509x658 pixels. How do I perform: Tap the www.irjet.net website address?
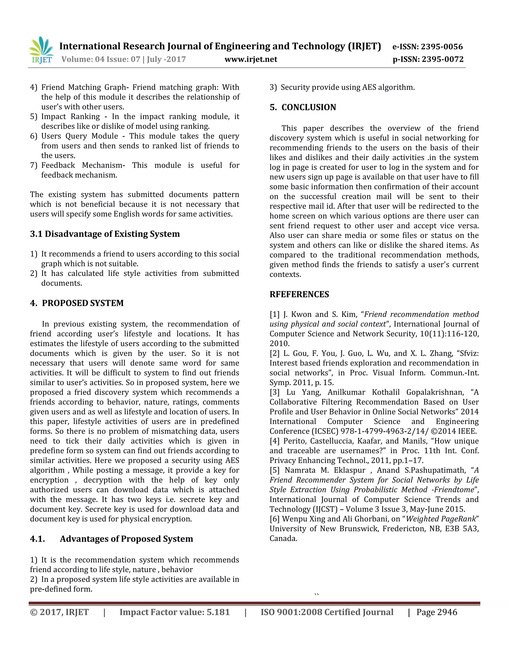251,59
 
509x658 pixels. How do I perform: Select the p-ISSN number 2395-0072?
442,59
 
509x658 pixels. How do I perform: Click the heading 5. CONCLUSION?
303,107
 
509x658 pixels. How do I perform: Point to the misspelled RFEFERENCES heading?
299,294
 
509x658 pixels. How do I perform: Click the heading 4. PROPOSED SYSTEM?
77,303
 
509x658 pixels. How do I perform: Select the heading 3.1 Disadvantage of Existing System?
105,234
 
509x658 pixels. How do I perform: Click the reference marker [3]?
274,392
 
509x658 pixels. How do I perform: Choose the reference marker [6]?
274,519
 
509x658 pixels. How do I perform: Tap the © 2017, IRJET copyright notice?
59,612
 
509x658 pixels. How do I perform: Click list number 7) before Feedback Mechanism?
34,165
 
